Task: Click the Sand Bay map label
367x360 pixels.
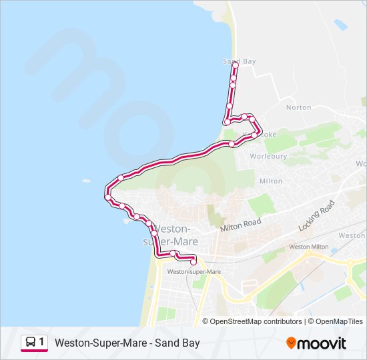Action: tap(239, 61)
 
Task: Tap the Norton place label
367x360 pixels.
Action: tap(298, 107)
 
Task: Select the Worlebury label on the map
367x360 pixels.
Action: tap(268, 156)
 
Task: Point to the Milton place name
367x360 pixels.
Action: tap(271, 181)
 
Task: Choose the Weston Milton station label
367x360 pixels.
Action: tap(308, 247)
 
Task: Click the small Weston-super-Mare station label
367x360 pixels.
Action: tap(194, 272)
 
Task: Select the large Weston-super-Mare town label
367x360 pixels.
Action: tap(175, 235)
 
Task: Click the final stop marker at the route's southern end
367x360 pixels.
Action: tap(194, 262)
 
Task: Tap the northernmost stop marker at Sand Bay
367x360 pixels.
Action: tap(236, 65)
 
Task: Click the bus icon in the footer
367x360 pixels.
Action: tap(31, 343)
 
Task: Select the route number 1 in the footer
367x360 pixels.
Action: tap(42, 343)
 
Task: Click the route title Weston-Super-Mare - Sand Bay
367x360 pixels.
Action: tap(127, 343)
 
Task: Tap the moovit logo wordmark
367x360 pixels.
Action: tap(322, 343)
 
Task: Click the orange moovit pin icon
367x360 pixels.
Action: tap(291, 343)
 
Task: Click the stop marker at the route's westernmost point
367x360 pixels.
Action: tap(107, 197)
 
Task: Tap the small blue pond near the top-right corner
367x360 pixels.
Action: tap(341, 25)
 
